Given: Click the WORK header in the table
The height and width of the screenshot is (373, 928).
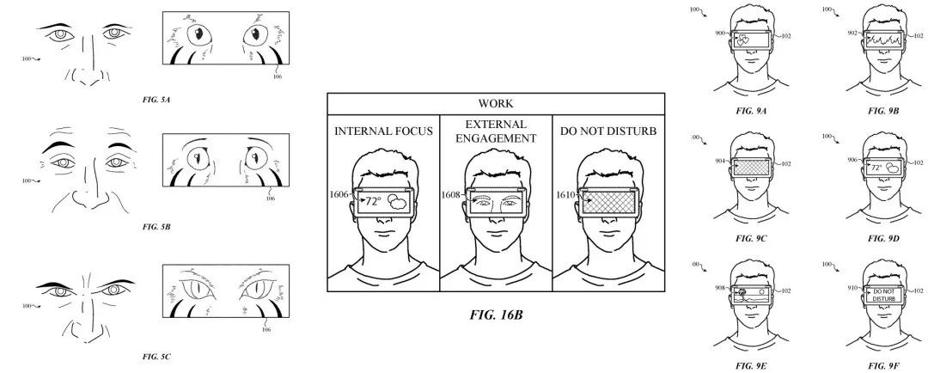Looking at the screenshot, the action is click(x=496, y=103).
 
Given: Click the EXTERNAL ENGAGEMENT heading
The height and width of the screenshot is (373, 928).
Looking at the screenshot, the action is click(x=496, y=131).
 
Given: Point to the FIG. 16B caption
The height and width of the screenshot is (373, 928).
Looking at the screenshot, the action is click(x=496, y=315).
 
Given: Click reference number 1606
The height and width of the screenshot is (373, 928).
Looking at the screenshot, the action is click(x=338, y=196).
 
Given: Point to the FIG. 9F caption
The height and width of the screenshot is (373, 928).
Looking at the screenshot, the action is click(x=882, y=366).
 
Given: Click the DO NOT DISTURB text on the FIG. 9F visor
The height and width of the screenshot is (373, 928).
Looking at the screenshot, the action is click(x=883, y=296).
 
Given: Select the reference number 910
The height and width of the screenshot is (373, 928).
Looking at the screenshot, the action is click(x=853, y=289).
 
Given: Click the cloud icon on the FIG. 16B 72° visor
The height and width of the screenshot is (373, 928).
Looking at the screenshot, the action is click(x=399, y=203).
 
